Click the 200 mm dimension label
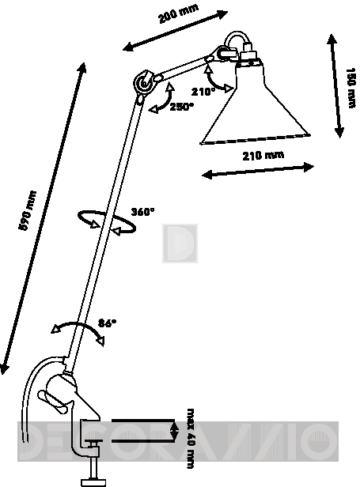point(178,13)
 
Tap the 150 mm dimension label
point(351,88)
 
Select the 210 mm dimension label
point(263,155)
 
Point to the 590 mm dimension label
point(28,210)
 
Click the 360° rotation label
point(142,212)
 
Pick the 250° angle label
point(181,107)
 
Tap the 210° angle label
point(203,92)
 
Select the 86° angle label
point(108,323)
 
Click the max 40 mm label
point(191,439)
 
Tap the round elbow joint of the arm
point(144,83)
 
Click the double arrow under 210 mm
point(258,171)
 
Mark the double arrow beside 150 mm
point(335,86)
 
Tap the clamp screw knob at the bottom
point(93,482)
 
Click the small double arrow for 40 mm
point(175,430)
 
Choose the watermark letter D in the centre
point(180,243)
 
